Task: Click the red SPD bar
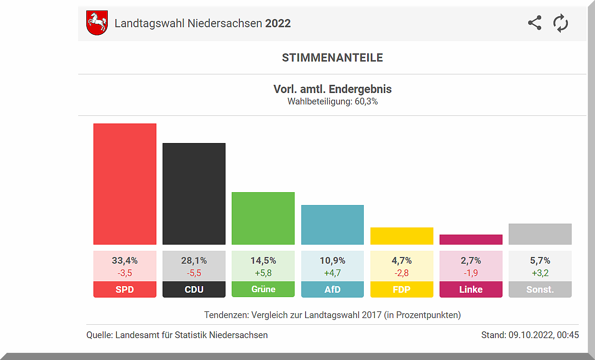(x=125, y=184)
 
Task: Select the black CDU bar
(x=194, y=194)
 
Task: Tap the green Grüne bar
(x=263, y=218)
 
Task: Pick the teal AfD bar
(x=332, y=225)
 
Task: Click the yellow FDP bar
(x=402, y=236)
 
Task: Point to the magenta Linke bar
(x=471, y=239)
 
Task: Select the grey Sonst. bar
(x=540, y=234)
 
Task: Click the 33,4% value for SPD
(x=125, y=261)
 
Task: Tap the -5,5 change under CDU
(x=194, y=273)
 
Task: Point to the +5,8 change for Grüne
(x=263, y=273)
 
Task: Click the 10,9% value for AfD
(x=332, y=261)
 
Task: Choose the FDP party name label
(x=402, y=289)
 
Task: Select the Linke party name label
(x=471, y=289)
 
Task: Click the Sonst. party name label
(x=540, y=289)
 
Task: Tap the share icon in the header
(x=535, y=23)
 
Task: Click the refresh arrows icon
(x=561, y=23)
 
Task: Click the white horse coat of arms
(x=97, y=23)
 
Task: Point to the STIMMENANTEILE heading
(x=332, y=58)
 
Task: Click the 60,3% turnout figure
(x=366, y=102)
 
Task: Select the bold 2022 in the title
(x=278, y=23)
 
